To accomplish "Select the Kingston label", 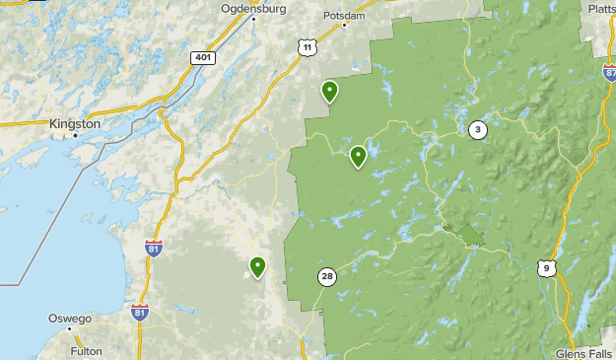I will (x=74, y=124).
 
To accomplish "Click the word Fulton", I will (x=86, y=350).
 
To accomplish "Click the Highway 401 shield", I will (x=202, y=58).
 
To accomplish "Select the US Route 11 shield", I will (x=308, y=47).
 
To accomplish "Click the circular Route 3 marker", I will (x=478, y=129).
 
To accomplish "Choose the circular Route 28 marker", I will (x=326, y=277).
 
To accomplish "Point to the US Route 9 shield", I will (x=546, y=267).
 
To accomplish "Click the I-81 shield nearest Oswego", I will (x=139, y=313).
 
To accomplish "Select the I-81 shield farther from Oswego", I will (x=153, y=248).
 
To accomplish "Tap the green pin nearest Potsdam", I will (x=329, y=92).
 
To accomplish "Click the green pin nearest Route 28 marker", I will (x=258, y=266).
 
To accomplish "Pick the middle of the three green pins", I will (x=358, y=156).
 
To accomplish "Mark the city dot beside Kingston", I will (x=75, y=136).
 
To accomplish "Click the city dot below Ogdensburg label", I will (x=253, y=19).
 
